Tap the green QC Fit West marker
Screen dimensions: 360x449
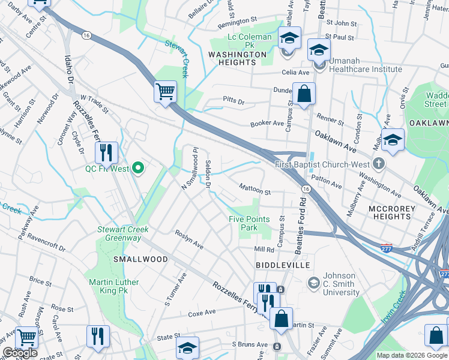[139, 169]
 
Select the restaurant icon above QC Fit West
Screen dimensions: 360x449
[106, 153]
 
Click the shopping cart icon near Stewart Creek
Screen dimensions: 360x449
[165, 92]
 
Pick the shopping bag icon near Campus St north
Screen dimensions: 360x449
[304, 94]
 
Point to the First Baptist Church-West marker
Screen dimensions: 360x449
[378, 163]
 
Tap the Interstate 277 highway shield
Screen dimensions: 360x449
[387, 247]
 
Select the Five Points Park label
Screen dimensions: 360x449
[249, 223]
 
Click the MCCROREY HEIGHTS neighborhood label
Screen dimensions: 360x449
[390, 212]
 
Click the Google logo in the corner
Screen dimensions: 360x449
[19, 353]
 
